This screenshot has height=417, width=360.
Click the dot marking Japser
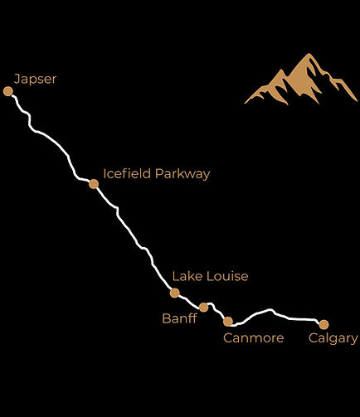point(8,91)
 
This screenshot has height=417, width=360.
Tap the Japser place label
point(36,80)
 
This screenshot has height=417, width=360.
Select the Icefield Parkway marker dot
point(94,184)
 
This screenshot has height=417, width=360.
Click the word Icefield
point(127,174)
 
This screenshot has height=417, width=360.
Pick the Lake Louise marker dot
point(174,293)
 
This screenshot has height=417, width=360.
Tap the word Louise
point(226,276)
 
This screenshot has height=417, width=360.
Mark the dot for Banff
point(203,308)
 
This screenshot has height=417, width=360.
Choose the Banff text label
point(179,318)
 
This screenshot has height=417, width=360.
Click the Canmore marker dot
point(228,322)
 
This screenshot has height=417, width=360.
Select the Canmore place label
point(254,338)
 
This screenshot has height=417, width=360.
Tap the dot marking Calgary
point(324,324)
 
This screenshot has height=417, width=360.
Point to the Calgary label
point(333,338)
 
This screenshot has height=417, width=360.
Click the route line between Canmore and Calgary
point(274,313)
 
